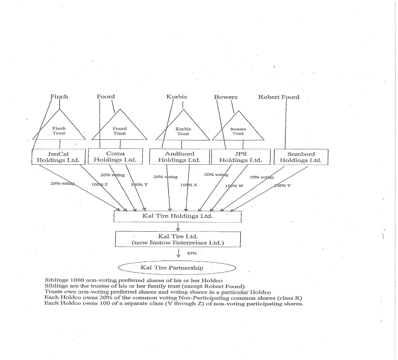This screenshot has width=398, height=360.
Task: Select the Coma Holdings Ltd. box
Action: [x=115, y=156]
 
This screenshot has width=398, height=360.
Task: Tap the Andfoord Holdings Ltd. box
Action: [x=179, y=156]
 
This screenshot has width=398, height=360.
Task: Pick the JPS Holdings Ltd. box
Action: [x=241, y=156]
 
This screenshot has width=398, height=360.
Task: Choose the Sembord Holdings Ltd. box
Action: [x=301, y=156]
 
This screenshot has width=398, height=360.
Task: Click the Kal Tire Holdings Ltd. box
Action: [x=177, y=216]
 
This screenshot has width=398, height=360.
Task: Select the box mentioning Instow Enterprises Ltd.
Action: [x=177, y=239]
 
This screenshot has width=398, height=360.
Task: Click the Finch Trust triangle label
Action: [x=59, y=131]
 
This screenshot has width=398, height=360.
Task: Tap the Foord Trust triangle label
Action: [x=120, y=131]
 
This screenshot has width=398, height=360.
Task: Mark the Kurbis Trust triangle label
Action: [x=183, y=131]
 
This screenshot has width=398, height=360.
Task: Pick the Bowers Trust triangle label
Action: [x=238, y=131]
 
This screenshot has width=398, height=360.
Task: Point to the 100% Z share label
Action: [x=100, y=184]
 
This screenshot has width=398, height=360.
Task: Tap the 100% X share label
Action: [x=189, y=184]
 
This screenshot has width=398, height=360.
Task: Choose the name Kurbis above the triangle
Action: [x=177, y=97]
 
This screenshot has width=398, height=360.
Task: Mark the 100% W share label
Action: [x=234, y=186]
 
